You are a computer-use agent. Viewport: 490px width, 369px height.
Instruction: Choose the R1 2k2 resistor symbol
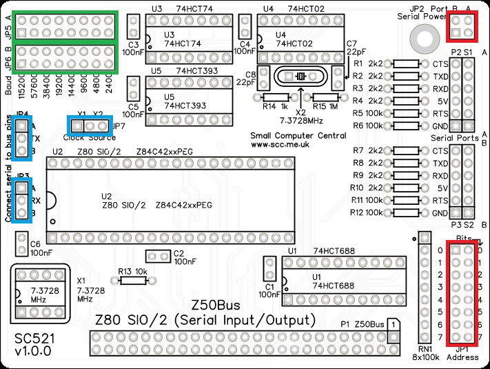(408, 63)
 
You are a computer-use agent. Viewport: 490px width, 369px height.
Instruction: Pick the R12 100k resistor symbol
(408, 212)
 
